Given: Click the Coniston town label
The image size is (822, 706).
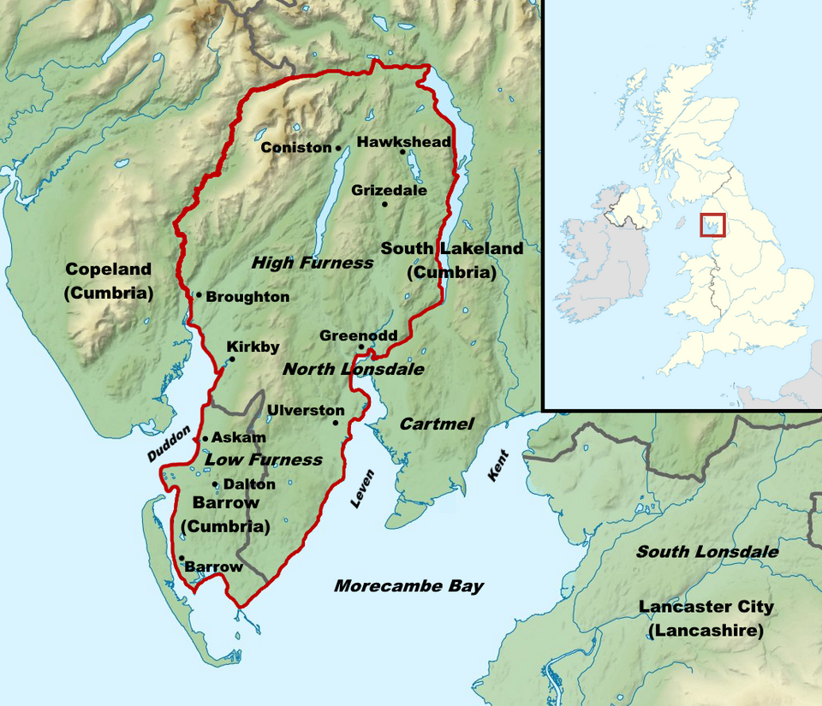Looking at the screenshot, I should click(295, 147).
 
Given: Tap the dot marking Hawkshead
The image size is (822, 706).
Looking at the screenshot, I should click(402, 152).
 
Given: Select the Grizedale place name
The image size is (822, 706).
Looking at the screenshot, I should click(389, 190).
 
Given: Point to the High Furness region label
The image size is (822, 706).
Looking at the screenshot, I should click(313, 263).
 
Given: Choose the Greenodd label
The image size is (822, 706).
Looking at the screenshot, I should click(358, 335).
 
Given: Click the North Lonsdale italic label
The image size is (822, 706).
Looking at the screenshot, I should click(353, 369).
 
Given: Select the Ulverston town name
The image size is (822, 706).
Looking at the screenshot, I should click(306, 410).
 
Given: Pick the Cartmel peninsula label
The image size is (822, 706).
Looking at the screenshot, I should click(437, 424).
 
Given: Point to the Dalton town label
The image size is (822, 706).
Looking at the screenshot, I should click(249, 484).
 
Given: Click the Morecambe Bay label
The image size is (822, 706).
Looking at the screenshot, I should click(408, 586).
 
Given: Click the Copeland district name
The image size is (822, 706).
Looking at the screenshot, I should click(109, 270).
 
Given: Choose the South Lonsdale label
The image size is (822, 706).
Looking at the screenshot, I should click(706, 552).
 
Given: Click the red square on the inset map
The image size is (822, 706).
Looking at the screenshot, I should click(712, 225).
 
